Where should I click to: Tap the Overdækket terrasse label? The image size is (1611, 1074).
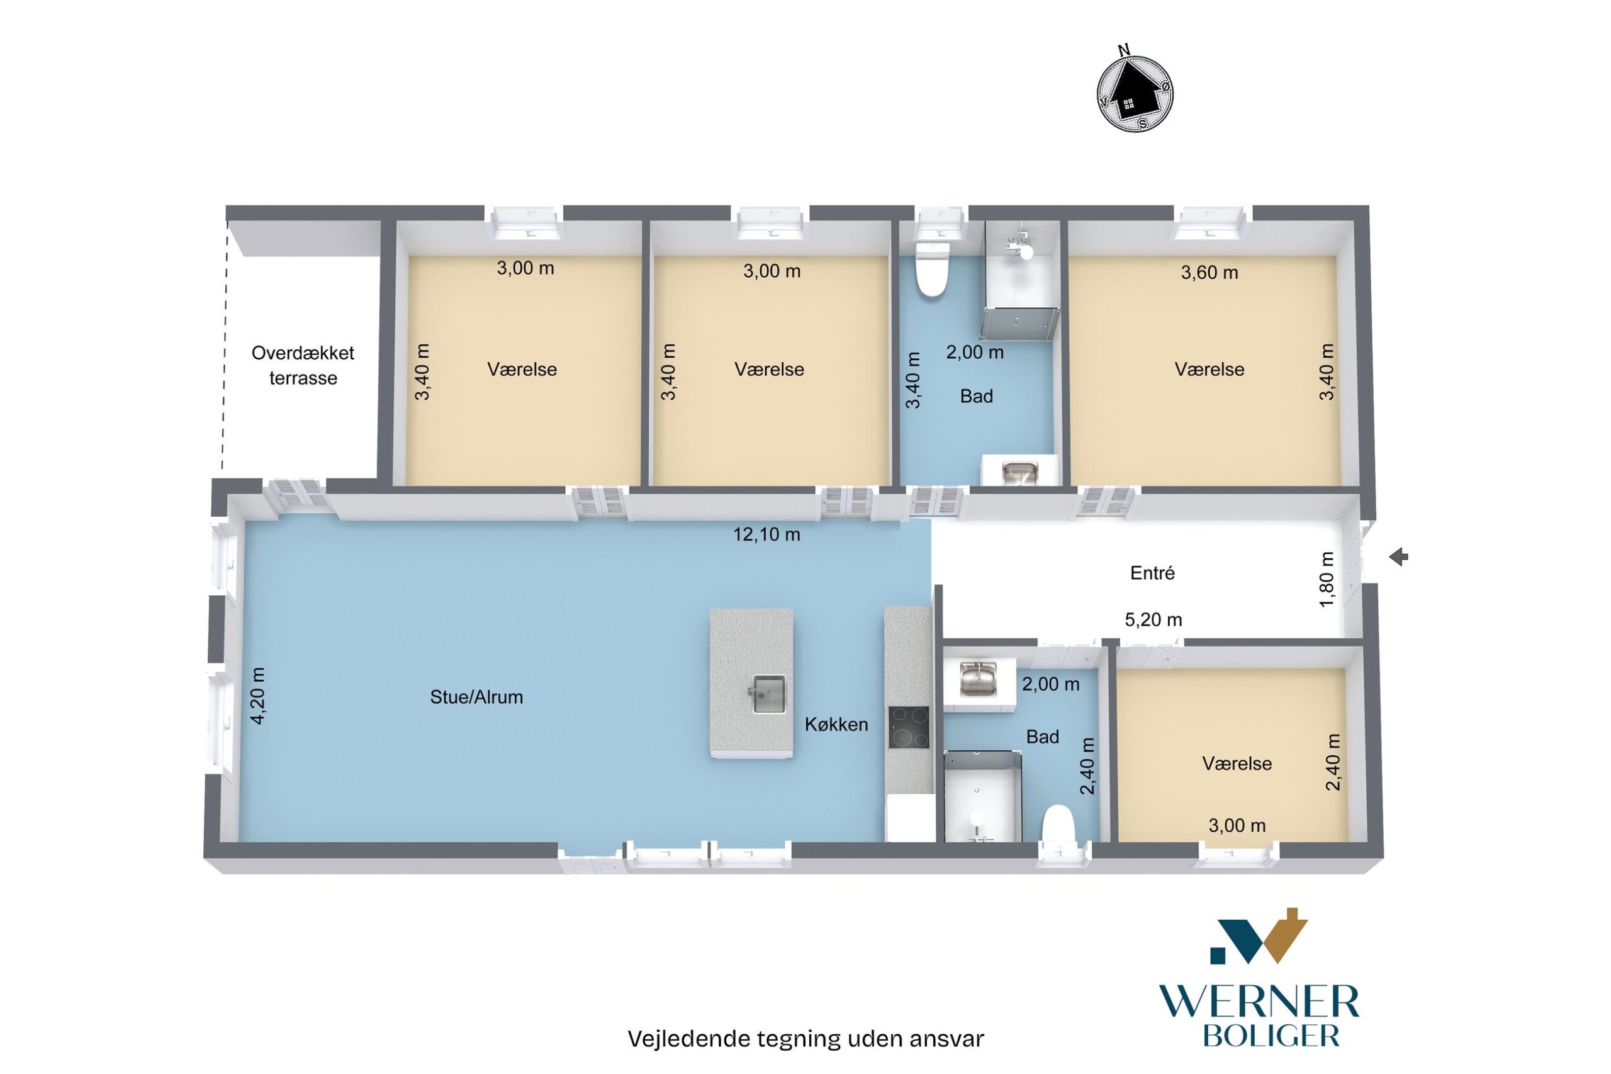click(x=303, y=365)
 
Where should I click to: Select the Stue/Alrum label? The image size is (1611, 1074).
click(x=476, y=698)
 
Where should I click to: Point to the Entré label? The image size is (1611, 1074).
click(x=1152, y=573)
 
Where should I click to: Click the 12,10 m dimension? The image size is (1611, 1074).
click(x=767, y=534)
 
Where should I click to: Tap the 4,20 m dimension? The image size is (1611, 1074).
click(x=258, y=695)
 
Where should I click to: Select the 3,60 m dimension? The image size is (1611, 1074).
click(x=1209, y=273)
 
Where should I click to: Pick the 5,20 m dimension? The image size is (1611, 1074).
click(x=1153, y=620)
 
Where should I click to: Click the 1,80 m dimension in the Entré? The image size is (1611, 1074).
click(x=1326, y=579)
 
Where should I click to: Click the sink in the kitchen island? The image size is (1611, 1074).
click(x=768, y=694)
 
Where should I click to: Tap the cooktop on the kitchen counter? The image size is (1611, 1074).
click(x=909, y=727)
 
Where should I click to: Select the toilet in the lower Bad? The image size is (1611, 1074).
click(x=1058, y=824)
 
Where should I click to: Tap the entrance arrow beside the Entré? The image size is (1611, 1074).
click(x=1398, y=557)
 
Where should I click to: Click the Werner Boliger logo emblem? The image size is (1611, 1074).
click(x=1259, y=936)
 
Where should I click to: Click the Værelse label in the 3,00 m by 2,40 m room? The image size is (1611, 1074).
click(x=1237, y=764)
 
